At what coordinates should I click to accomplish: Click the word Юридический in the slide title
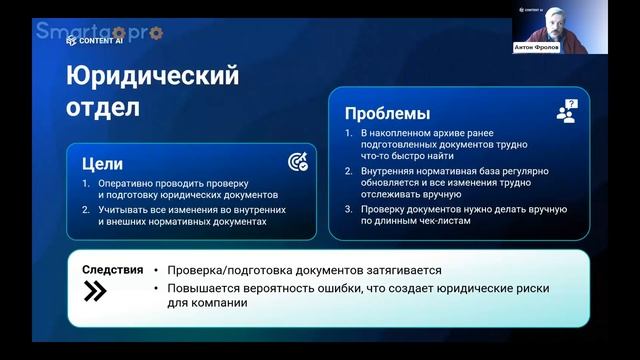[x=153, y=76]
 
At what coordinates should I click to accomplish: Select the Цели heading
[x=103, y=162]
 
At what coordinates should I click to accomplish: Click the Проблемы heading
[x=387, y=113]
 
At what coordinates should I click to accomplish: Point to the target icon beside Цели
[x=297, y=162]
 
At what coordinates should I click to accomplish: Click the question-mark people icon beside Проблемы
[x=567, y=110]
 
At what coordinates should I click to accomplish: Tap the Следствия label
[x=112, y=270]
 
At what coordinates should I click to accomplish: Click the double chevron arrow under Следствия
[x=94, y=291]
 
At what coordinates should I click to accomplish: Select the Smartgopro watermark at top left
[x=100, y=32]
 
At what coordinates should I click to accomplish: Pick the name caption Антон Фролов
[x=551, y=46]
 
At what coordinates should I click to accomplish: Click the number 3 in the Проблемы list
[x=346, y=209]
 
